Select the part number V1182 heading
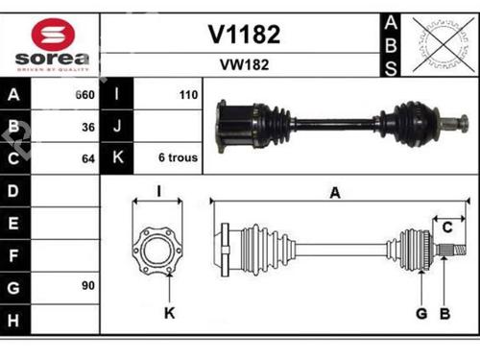coord(244,36)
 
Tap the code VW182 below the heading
coord(244,66)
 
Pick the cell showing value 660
coord(84,95)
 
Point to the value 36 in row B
coord(87,126)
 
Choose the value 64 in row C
coord(87,156)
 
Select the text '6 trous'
coord(179,156)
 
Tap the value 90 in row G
coord(87,285)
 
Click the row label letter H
coord(13,317)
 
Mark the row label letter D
coord(13,190)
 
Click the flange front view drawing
coord(156,249)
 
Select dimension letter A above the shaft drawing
coord(335,193)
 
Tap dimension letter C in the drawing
coord(446,226)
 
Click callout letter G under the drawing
coord(420,313)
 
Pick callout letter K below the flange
coord(170,313)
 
